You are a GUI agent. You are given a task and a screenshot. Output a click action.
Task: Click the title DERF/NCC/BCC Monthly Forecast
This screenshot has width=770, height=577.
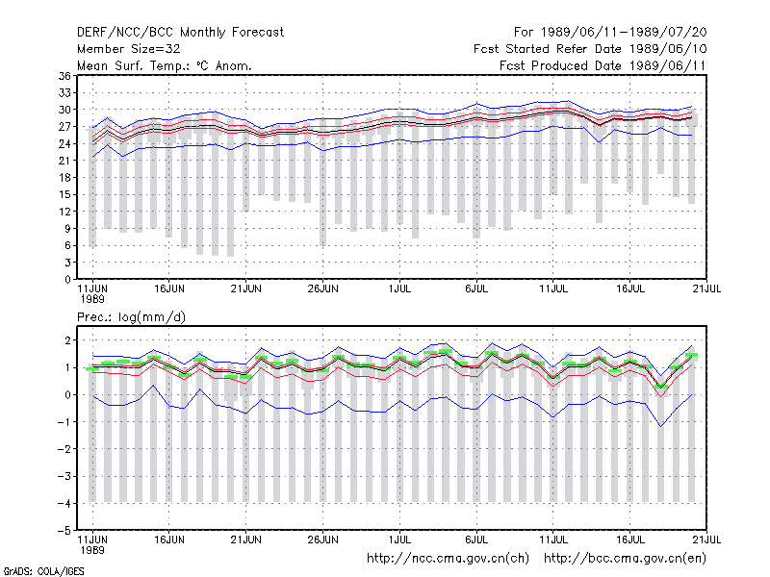click(180, 33)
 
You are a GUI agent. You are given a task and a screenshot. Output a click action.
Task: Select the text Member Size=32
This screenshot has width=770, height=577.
click(129, 49)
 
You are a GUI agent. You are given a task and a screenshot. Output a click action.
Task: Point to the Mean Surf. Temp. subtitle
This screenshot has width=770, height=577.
click(165, 65)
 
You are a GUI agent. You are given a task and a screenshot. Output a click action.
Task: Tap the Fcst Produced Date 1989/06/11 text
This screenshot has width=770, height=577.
click(603, 65)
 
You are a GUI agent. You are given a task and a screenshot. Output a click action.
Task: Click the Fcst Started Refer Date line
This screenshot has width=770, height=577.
click(590, 49)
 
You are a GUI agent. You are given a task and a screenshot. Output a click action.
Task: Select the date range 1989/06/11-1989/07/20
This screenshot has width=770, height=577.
click(624, 33)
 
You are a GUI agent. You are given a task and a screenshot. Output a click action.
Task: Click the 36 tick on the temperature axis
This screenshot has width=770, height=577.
click(64, 76)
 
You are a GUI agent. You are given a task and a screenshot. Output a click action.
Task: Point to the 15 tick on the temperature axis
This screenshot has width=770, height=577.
click(64, 194)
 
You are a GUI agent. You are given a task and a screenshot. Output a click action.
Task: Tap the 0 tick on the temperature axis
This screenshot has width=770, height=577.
click(67, 280)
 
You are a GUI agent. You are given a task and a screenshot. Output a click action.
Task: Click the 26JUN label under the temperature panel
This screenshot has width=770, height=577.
click(322, 289)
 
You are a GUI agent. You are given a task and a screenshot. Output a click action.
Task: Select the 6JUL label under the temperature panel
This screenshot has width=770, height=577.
click(476, 289)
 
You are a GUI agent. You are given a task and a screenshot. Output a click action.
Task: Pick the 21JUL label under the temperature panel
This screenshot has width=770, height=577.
click(706, 289)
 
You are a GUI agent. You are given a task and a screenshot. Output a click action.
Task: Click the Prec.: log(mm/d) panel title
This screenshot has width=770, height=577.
click(131, 317)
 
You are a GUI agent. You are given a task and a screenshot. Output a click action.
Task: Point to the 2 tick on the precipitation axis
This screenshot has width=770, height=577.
click(67, 340)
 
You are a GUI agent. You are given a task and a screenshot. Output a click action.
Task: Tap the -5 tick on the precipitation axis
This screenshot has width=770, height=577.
click(64, 531)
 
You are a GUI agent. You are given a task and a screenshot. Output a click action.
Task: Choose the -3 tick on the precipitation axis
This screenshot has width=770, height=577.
click(64, 476)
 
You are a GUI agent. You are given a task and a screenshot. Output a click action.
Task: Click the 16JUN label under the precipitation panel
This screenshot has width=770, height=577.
click(169, 539)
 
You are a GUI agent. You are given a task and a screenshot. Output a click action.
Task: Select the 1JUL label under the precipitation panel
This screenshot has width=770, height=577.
click(399, 539)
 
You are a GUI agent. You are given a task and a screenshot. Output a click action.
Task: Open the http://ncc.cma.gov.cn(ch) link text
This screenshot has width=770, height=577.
click(448, 559)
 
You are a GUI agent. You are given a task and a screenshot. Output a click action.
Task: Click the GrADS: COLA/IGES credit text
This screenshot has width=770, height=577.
click(43, 571)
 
